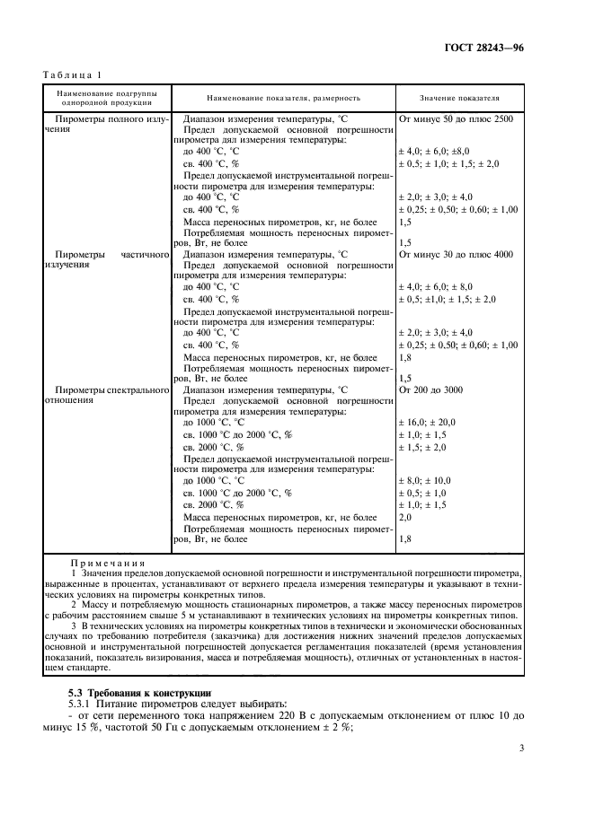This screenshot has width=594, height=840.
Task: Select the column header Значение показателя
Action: coord(459,97)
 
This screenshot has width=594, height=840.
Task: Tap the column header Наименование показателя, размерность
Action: coord(283,97)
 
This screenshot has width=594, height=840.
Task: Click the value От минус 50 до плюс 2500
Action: coord(456,118)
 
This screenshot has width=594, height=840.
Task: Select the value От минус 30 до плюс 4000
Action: coord(455,254)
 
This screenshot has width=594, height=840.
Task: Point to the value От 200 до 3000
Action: coord(430,389)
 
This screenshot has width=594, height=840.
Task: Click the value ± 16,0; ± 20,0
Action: coord(427,422)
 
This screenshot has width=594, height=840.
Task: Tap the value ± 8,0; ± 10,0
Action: coord(424,481)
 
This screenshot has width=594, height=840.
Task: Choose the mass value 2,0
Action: coord(404,518)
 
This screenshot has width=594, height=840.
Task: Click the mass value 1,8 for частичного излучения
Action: coord(404,356)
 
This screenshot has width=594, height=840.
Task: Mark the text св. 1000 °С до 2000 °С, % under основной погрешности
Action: coord(237,434)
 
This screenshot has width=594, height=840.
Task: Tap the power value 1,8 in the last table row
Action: coord(404,539)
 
